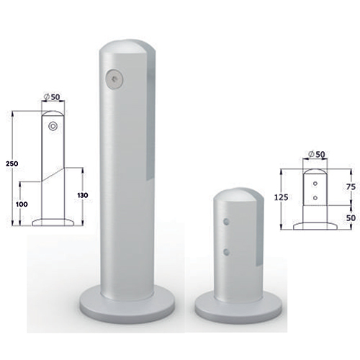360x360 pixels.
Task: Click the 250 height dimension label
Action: coord(11,164)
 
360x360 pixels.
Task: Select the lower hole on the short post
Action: coord(227,251)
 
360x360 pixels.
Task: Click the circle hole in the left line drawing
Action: coord(53,127)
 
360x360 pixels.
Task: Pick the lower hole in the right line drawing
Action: coord(316,196)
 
